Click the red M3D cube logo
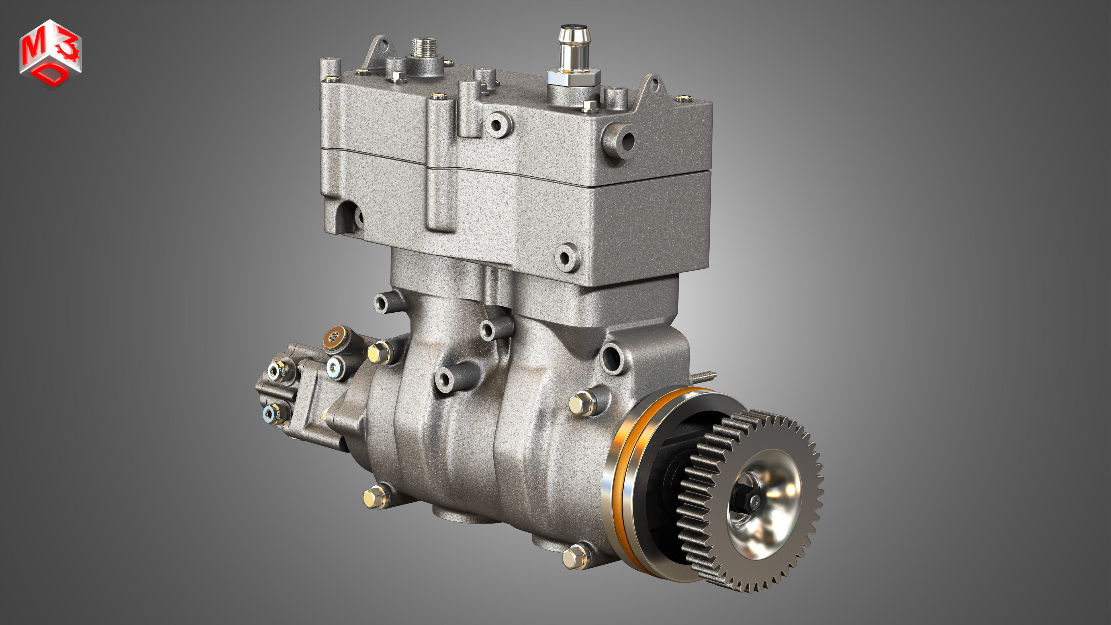coord(50,54)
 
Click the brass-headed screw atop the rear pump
coord(334,336)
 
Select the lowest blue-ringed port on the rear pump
coord(270,413)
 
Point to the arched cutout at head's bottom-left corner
coord(348,216)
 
